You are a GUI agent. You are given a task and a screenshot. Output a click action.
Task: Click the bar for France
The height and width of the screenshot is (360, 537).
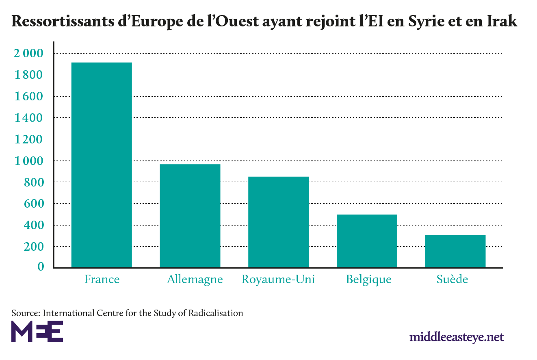(x=102, y=165)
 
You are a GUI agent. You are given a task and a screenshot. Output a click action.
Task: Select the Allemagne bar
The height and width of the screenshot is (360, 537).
(x=190, y=216)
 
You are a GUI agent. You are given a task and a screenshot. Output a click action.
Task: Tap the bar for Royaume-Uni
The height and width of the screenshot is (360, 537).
(x=279, y=222)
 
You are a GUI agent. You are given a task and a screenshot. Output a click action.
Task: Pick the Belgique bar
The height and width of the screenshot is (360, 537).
(x=367, y=241)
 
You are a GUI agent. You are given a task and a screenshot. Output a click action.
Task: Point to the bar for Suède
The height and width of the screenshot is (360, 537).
(x=455, y=251)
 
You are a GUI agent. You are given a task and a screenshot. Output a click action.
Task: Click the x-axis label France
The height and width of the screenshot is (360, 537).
(x=102, y=280)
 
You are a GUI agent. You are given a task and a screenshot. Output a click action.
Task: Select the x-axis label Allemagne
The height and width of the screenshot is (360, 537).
(x=195, y=280)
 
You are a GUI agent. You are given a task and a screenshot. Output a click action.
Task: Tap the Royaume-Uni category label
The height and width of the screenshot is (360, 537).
(x=278, y=280)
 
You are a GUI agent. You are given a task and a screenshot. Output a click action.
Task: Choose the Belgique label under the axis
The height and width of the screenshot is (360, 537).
(x=369, y=280)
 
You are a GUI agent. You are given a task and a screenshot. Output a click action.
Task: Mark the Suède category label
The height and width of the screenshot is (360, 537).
(x=452, y=280)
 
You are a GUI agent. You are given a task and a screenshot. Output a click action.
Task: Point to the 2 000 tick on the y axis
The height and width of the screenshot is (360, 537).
(x=28, y=53)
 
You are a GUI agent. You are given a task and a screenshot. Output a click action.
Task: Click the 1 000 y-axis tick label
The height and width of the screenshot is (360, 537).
(x=28, y=160)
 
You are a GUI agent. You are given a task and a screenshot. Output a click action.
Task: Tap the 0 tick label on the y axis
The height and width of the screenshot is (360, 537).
(x=41, y=267)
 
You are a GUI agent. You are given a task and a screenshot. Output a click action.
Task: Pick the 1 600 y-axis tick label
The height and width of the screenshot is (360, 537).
(x=28, y=96)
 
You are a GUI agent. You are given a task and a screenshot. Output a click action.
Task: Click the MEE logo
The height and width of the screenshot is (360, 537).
(x=37, y=331)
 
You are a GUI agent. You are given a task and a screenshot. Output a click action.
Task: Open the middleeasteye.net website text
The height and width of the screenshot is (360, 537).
(x=457, y=337)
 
